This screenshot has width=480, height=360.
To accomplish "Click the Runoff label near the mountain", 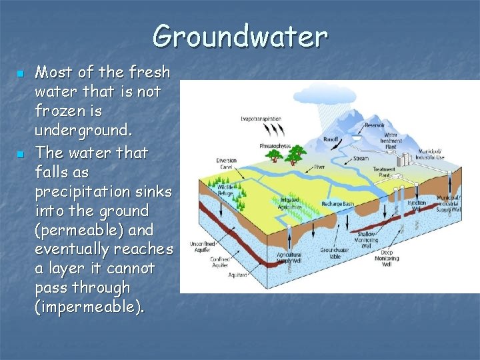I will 331,140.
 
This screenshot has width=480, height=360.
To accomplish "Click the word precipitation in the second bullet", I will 83,191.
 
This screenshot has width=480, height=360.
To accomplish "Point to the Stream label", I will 361,159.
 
